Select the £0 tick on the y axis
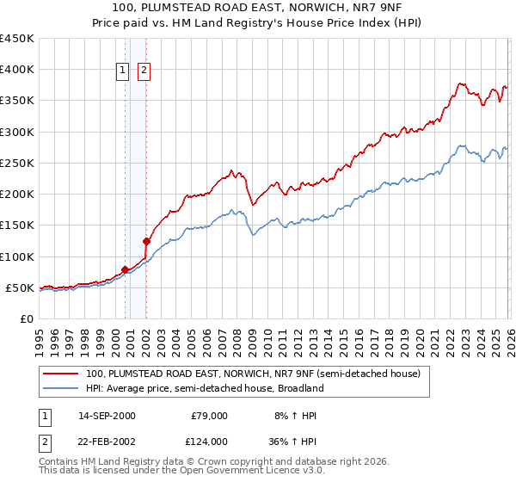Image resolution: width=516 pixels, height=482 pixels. (x=26, y=318)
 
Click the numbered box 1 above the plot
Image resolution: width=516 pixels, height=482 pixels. (x=124, y=71)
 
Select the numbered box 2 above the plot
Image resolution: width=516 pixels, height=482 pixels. (x=144, y=71)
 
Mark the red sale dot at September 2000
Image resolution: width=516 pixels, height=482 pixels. (x=125, y=269)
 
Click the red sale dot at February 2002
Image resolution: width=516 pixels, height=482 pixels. (x=146, y=241)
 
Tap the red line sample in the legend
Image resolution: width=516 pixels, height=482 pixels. (x=61, y=374)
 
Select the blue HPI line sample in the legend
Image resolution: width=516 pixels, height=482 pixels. (x=61, y=389)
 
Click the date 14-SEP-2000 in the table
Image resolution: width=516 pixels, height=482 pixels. (x=107, y=416)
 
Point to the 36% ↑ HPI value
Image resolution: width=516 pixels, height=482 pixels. (x=294, y=441)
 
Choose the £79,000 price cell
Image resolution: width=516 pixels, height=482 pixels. (x=208, y=416)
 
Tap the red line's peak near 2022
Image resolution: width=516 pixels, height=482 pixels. (x=461, y=83)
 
